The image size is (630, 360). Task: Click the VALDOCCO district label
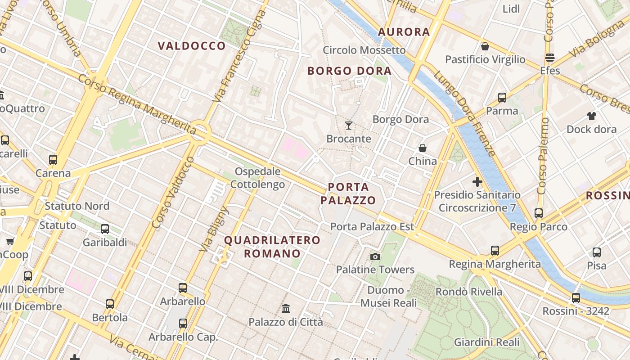click(x=192, y=46)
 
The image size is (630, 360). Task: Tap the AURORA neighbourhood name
click(x=404, y=32)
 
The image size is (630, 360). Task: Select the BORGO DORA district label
click(x=349, y=71)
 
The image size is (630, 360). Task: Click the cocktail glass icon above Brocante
click(x=349, y=125)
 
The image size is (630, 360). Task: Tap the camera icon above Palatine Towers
click(x=375, y=256)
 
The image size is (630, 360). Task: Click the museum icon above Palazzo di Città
click(x=286, y=309)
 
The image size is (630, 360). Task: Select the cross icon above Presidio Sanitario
click(x=477, y=182)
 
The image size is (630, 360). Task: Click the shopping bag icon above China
click(x=423, y=148)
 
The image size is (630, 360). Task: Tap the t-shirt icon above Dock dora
click(x=591, y=116)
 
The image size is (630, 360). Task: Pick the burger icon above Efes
click(x=549, y=58)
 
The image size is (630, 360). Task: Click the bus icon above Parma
click(x=502, y=97)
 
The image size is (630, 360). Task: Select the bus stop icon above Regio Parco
click(x=539, y=213)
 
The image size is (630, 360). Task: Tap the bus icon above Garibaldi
click(x=105, y=229)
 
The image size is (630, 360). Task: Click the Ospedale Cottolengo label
click(x=258, y=178)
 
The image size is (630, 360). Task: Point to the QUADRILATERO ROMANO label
click(x=272, y=247)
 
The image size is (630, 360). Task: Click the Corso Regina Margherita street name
click(x=137, y=104)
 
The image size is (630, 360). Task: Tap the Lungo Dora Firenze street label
click(x=465, y=113)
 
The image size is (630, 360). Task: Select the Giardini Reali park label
click(x=487, y=342)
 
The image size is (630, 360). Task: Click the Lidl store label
click(x=511, y=9)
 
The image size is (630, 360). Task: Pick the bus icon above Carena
click(x=53, y=160)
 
